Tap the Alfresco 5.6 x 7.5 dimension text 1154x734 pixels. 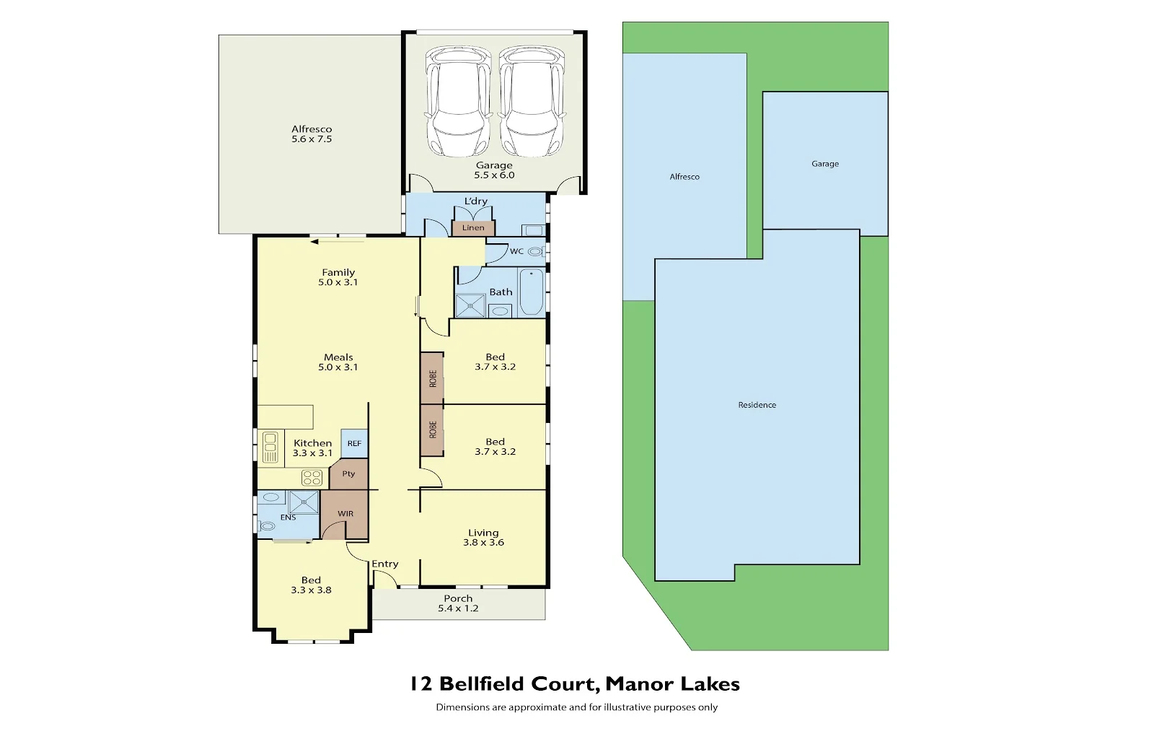pyautogui.click(x=312, y=139)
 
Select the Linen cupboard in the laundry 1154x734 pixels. pyautogui.click(x=473, y=228)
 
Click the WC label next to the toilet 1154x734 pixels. pyautogui.click(x=516, y=252)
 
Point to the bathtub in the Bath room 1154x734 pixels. pyautogui.click(x=532, y=292)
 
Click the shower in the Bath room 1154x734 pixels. pyautogui.click(x=470, y=306)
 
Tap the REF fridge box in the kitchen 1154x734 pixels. pyautogui.click(x=354, y=443)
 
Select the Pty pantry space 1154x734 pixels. pyautogui.click(x=349, y=474)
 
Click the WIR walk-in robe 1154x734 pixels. pyautogui.click(x=345, y=514)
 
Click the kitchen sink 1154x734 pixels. pyautogui.click(x=270, y=447)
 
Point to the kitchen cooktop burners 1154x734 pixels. pyautogui.click(x=312, y=477)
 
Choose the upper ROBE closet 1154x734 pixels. pyautogui.click(x=432, y=378)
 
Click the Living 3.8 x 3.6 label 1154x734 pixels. pyautogui.click(x=483, y=538)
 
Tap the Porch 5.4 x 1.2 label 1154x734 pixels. pyautogui.click(x=458, y=603)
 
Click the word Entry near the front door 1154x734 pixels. pyautogui.click(x=384, y=564)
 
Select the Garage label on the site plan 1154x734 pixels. pyautogui.click(x=825, y=164)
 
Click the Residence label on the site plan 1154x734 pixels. pyautogui.click(x=757, y=405)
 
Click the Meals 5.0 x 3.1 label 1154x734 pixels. pyautogui.click(x=338, y=362)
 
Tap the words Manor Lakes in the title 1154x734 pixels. pyautogui.click(x=672, y=683)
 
